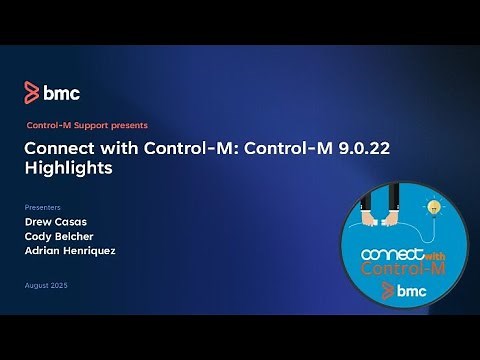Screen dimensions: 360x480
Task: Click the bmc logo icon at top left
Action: (x=32, y=94)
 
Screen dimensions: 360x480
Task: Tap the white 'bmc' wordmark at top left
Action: (x=61, y=94)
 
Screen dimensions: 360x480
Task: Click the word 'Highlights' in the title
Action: (x=68, y=169)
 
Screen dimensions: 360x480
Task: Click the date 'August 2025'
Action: (x=47, y=286)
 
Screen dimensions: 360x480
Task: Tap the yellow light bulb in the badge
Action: (x=433, y=207)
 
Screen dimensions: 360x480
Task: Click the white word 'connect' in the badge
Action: (x=387, y=255)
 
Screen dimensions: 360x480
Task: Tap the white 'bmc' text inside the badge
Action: (x=410, y=292)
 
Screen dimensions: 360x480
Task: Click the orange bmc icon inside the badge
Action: (x=386, y=292)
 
